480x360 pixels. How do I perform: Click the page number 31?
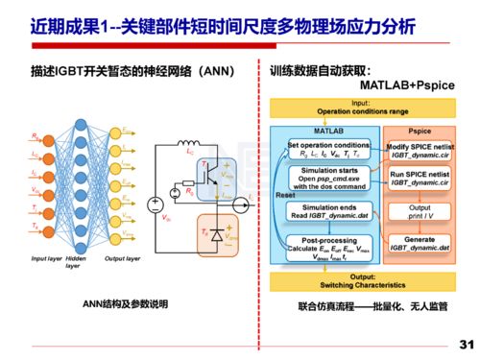[x=467, y=344]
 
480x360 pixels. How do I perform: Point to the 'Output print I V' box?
[x=419, y=210]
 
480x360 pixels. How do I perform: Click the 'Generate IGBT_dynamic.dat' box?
[x=419, y=243]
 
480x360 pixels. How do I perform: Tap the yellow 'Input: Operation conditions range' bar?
[x=362, y=107]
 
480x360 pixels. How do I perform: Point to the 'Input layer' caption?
[x=45, y=258]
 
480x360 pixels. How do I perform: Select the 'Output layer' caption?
[x=122, y=258]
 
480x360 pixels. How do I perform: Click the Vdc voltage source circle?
[x=154, y=204]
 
